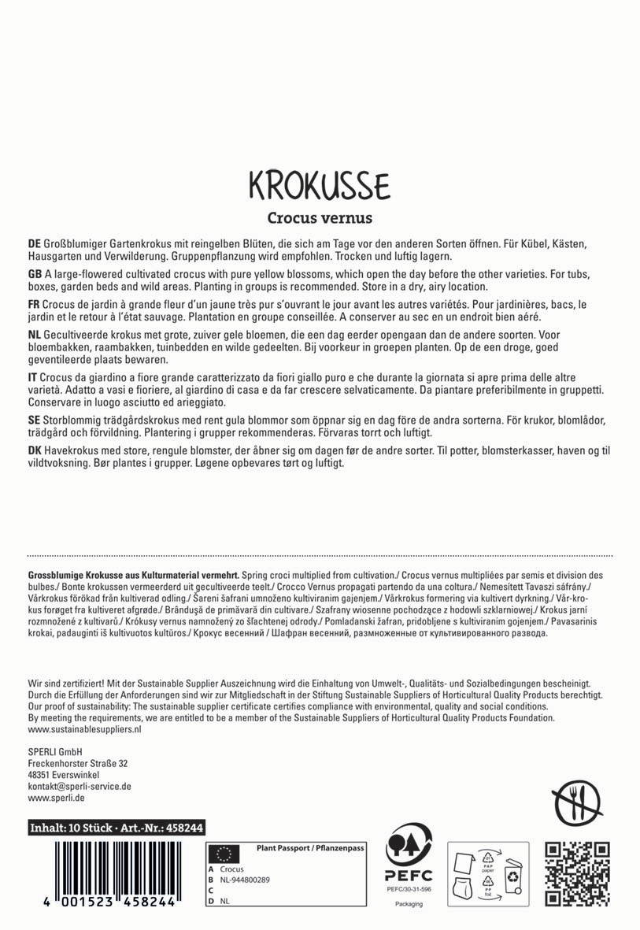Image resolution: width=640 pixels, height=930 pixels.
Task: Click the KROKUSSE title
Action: (319, 184)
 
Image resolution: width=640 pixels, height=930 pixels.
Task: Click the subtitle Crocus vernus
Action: (320, 217)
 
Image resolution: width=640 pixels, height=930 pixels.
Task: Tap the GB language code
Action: (35, 272)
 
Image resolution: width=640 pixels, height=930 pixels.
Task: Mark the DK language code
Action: (35, 450)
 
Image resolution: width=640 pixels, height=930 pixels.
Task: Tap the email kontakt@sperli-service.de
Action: (79, 786)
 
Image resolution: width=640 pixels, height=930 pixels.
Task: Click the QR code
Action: (578, 873)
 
